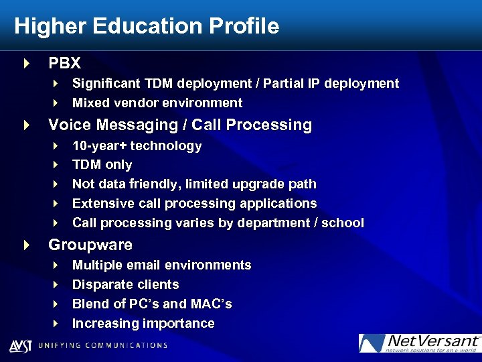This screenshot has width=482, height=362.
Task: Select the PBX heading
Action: pos(64,64)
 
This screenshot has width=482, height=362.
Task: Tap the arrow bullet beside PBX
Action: pos(26,64)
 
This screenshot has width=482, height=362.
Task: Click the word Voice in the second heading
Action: pos(70,125)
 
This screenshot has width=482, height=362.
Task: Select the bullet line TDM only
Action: pos(102,165)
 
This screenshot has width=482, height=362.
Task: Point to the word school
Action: pos(342,223)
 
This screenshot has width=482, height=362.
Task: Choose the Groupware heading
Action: pos(90,245)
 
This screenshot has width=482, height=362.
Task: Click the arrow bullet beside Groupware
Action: pos(26,245)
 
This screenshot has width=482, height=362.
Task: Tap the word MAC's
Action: pos(210,304)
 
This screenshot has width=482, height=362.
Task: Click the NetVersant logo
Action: pos(419,343)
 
